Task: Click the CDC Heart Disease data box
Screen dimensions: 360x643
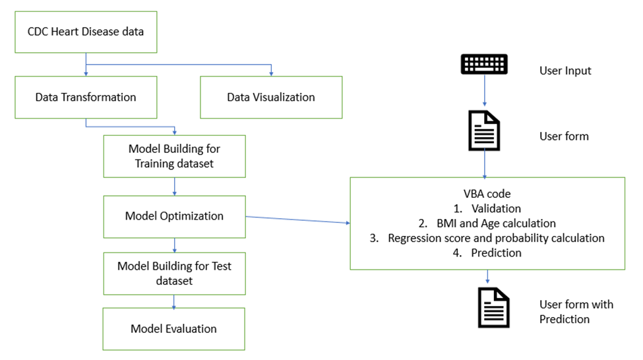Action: [86, 32]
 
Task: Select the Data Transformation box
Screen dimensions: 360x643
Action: [86, 98]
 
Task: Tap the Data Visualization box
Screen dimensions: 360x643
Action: [271, 98]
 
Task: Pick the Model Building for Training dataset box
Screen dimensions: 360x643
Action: [174, 157]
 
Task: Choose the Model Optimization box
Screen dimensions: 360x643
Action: [174, 216]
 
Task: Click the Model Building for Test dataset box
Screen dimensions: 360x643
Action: [174, 273]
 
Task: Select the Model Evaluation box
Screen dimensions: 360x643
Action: [174, 328]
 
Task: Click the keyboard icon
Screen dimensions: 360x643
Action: [485, 65]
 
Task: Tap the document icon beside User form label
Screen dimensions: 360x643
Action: [485, 133]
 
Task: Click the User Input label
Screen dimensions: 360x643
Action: [565, 71]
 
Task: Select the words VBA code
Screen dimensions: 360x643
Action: [487, 195]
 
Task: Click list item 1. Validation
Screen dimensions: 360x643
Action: [487, 209]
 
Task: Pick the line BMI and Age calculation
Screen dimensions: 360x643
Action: [487, 224]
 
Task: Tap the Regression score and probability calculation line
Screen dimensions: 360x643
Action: [487, 238]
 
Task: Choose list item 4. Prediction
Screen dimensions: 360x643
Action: [487, 253]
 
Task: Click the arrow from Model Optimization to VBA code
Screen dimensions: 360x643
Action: [297, 220]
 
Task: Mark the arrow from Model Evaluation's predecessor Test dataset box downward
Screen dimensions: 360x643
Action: [174, 302]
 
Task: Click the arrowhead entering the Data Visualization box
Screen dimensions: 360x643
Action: [271, 73]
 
